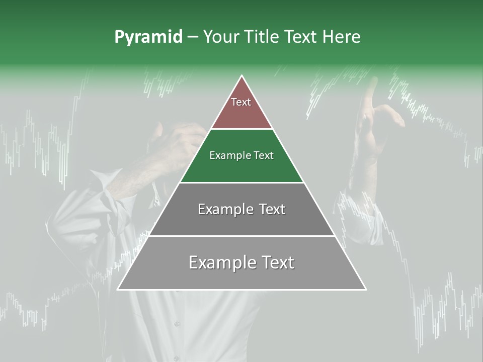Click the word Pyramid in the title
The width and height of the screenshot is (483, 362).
[148, 37]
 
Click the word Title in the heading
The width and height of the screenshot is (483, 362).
[262, 37]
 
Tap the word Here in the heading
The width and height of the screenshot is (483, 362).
[341, 37]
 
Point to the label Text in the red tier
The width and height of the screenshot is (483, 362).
[241, 102]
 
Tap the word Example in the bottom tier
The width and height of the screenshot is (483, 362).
[219, 262]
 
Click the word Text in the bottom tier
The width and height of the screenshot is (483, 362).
[276, 262]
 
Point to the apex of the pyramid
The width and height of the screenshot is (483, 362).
[242, 76]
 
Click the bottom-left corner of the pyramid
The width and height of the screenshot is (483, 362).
[119, 289]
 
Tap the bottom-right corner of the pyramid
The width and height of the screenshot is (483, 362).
[365, 289]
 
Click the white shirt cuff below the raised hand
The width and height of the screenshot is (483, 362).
[360, 211]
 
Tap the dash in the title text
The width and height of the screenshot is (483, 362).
[193, 37]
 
